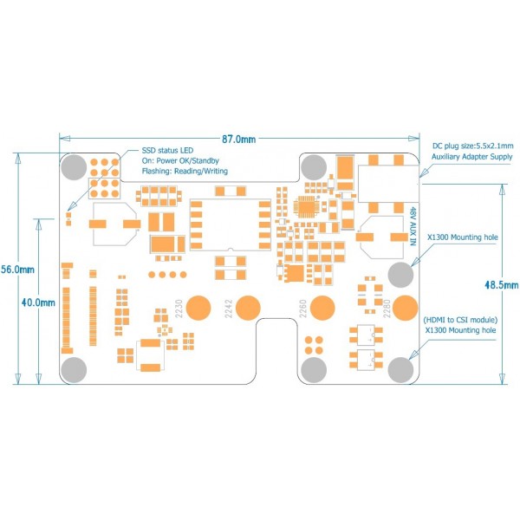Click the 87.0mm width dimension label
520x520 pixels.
point(238,139)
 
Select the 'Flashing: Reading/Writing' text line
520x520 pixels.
point(185,172)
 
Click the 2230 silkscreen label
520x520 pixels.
point(179,309)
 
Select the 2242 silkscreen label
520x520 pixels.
point(228,309)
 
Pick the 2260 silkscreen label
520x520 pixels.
point(302,309)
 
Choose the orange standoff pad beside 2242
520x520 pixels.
point(249,309)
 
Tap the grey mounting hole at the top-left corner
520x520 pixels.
point(75,166)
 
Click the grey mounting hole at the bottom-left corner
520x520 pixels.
point(74,369)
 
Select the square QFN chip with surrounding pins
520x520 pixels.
point(308,207)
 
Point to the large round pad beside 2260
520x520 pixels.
point(323,309)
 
